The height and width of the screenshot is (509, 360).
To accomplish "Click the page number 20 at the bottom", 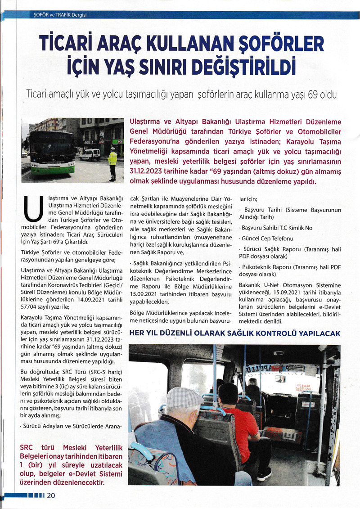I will click(x=50, y=495).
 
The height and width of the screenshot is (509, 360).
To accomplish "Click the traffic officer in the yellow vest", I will click(x=112, y=163).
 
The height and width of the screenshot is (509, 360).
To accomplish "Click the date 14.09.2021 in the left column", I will click(x=99, y=290).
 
